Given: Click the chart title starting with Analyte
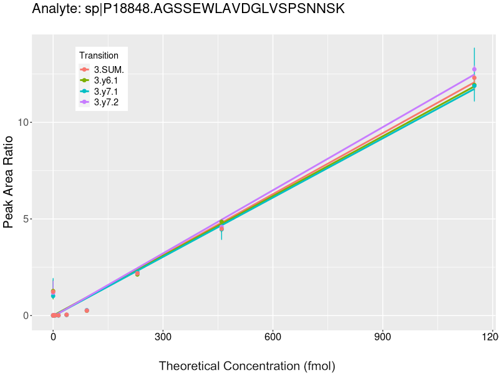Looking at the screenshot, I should [x=188, y=9].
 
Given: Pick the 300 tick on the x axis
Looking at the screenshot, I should [x=163, y=338].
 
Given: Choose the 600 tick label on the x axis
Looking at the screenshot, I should [x=273, y=338].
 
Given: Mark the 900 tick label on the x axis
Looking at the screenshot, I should [x=382, y=338].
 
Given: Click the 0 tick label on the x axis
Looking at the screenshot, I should [x=53, y=338].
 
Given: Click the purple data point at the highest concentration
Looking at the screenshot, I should [x=474, y=69].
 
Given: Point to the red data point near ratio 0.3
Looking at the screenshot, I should [x=87, y=310].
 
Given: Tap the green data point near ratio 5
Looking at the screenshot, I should [x=221, y=222].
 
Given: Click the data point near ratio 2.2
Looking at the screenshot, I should [x=137, y=274].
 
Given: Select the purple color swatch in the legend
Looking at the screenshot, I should [x=84, y=102].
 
